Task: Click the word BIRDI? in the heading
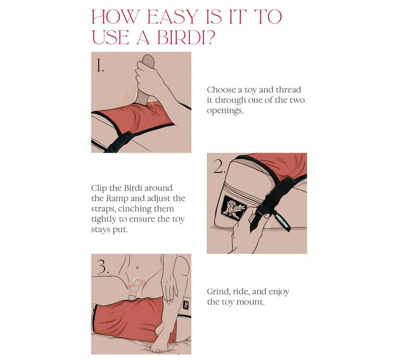pyautogui.click(x=186, y=37)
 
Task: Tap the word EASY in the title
pyautogui.click(x=173, y=17)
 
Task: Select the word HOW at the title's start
pyautogui.click(x=115, y=17)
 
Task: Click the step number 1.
pyautogui.click(x=100, y=65)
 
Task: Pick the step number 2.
pyautogui.click(x=219, y=167)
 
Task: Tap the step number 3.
pyautogui.click(x=103, y=267)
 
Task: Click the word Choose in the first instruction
pyautogui.click(x=222, y=90)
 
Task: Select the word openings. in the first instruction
pyautogui.click(x=225, y=111)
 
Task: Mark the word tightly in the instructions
pyautogui.click(x=104, y=219)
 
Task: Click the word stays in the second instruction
pyautogui.click(x=100, y=230)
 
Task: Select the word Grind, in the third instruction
pyautogui.click(x=219, y=291)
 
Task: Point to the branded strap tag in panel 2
pyautogui.click(x=282, y=220)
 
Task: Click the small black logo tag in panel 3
pyautogui.click(x=185, y=305)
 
